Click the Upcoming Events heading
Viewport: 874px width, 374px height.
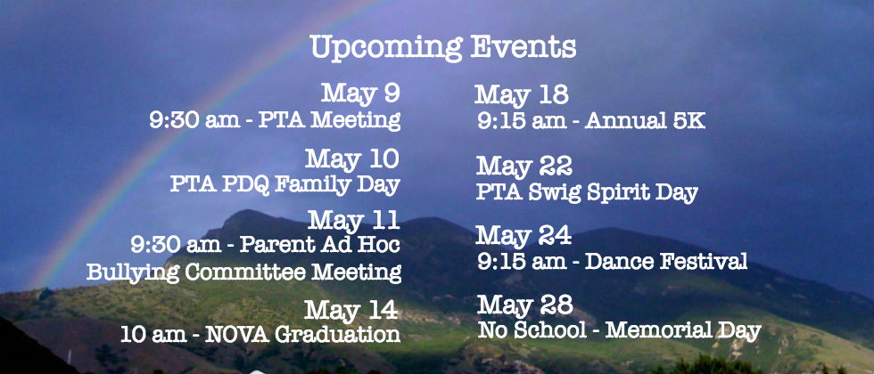click(x=443, y=48)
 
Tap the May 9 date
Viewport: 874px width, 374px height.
click(x=360, y=93)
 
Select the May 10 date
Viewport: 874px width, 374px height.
click(x=352, y=159)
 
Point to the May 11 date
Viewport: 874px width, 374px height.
click(x=354, y=220)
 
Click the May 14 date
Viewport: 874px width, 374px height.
click(x=351, y=310)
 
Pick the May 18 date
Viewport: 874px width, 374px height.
click(x=522, y=95)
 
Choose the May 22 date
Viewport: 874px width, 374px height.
click(x=524, y=166)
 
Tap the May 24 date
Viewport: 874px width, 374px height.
click(x=524, y=235)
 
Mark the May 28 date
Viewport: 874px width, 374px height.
click(x=525, y=305)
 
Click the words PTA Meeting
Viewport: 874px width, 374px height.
click(x=329, y=120)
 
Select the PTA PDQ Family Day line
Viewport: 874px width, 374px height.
click(x=285, y=185)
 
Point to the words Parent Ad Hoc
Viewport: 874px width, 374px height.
click(x=320, y=245)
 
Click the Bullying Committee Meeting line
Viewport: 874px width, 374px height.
click(x=243, y=272)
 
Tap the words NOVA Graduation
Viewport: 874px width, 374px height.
click(x=302, y=335)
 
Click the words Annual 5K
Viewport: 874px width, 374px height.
click(x=645, y=121)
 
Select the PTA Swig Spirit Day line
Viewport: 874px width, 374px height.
click(x=587, y=192)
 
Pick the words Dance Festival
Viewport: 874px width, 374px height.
click(x=666, y=261)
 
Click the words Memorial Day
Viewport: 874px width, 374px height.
click(x=683, y=330)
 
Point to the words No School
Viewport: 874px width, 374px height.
click(x=532, y=330)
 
